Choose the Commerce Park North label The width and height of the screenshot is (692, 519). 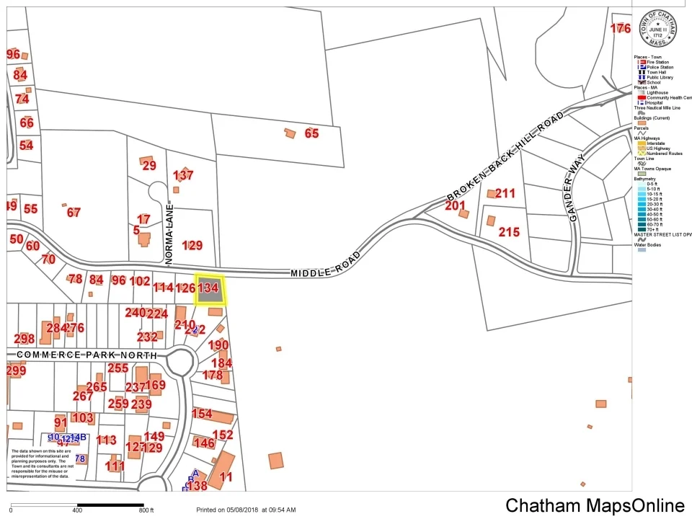[x=86, y=355]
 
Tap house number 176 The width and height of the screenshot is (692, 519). [x=620, y=29]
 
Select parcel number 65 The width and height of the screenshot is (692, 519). [x=311, y=133]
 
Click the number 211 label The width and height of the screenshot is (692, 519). [x=505, y=193]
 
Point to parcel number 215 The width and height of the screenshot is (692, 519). [x=509, y=232]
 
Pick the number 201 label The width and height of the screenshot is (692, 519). [x=455, y=206]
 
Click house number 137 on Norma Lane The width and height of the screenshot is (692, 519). [x=183, y=175]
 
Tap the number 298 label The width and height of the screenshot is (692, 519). [x=24, y=339]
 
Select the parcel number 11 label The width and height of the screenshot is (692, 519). [x=226, y=476]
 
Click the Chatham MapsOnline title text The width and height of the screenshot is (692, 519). [x=595, y=505]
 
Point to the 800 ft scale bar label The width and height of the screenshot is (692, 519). [x=147, y=510]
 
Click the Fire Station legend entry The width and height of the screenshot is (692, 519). [x=656, y=62]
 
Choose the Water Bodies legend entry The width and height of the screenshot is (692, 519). [x=649, y=244]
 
